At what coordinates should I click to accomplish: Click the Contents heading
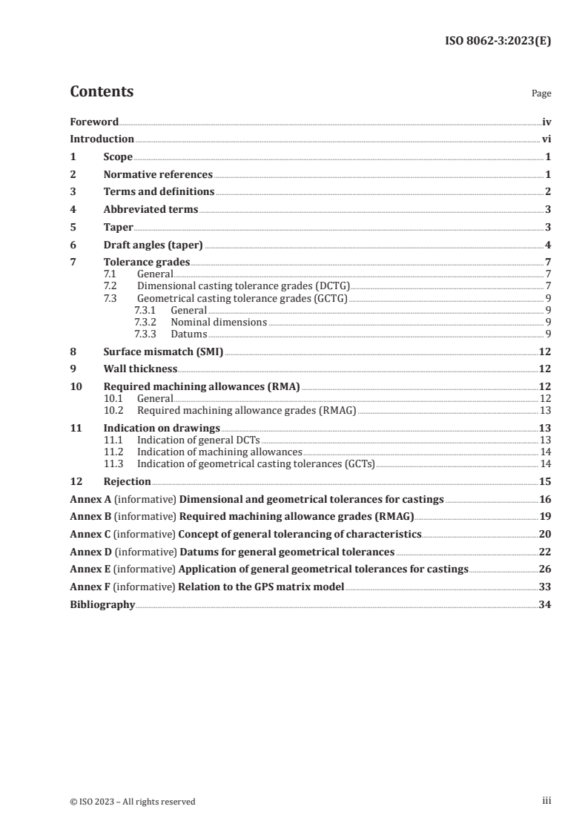click(102, 92)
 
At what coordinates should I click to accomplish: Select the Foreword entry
click(94, 122)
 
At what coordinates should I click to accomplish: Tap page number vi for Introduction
click(546, 139)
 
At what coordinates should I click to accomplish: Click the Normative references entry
click(158, 175)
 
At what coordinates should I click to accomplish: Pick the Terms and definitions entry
click(159, 192)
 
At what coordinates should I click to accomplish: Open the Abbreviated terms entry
click(151, 210)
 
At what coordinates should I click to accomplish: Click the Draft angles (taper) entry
click(153, 245)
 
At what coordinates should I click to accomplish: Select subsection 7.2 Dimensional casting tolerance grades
click(243, 285)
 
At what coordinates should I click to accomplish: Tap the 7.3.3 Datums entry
click(188, 334)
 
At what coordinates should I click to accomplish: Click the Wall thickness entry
click(140, 369)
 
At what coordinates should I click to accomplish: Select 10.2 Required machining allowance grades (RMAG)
click(247, 410)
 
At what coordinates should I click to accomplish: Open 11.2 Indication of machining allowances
click(219, 452)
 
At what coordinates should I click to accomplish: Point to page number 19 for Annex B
click(545, 516)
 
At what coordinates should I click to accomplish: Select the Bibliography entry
click(102, 605)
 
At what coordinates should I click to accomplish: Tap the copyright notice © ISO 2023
click(133, 802)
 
